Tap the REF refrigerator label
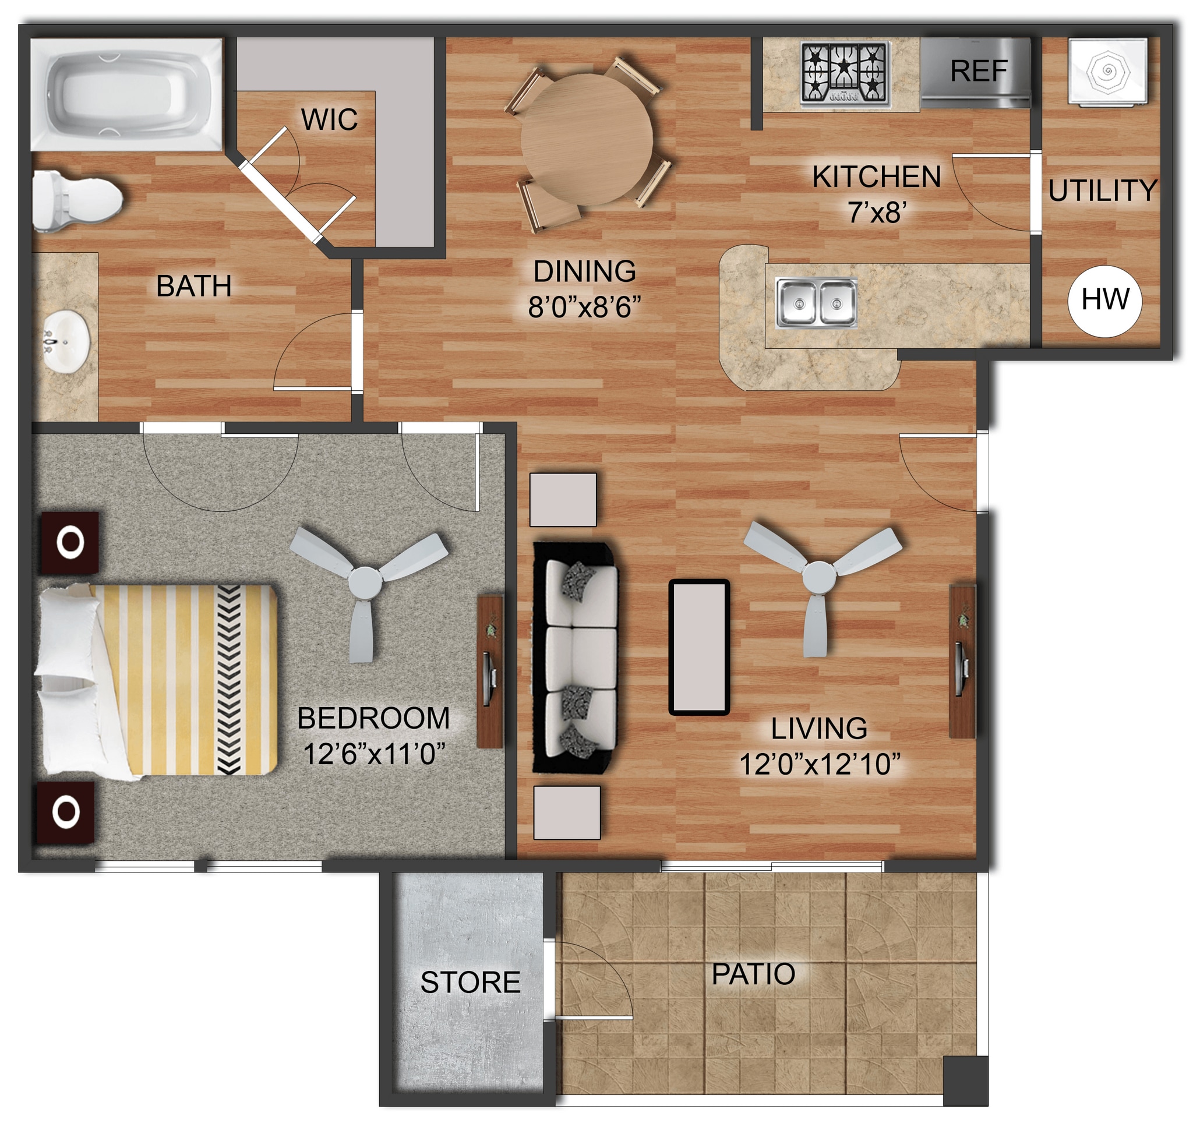(978, 72)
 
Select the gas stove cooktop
(845, 73)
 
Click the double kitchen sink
(816, 303)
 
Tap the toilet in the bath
(75, 200)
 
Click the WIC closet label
(329, 119)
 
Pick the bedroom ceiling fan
(365, 581)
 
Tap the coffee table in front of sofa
(698, 647)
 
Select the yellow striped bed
(174, 680)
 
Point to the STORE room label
(470, 982)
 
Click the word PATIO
(753, 974)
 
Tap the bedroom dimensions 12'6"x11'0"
(373, 754)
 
